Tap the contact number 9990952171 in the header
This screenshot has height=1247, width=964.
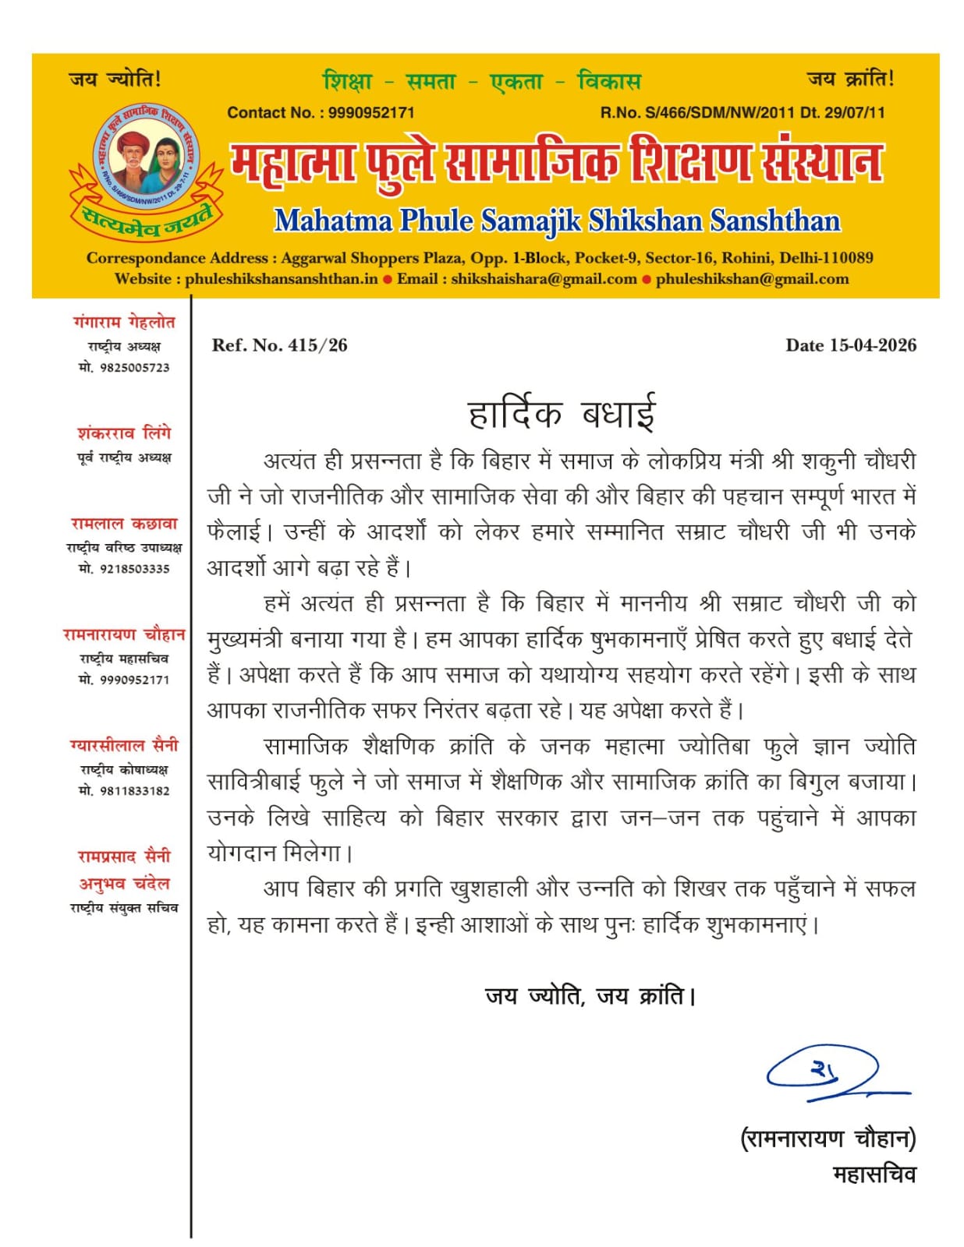coord(370,112)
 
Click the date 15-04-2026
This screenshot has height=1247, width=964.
coord(873,345)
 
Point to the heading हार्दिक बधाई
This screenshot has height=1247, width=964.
coord(562,413)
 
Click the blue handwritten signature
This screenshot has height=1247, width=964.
coord(835,1073)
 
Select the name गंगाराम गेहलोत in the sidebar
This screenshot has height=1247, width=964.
coord(124,323)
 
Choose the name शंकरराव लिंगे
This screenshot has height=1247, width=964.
coord(124,433)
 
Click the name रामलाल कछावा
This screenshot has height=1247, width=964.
coord(124,524)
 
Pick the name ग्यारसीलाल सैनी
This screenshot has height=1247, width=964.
coord(124,746)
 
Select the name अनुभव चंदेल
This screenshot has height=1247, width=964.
coord(124,884)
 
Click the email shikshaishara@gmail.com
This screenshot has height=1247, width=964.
coord(544,279)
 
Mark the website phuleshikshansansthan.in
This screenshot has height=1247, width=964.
coord(281,279)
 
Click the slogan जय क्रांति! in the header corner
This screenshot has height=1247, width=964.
coord(850,79)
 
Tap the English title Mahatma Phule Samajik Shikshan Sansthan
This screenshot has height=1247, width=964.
coord(557,221)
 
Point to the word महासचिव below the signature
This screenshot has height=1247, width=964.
coord(874,1175)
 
